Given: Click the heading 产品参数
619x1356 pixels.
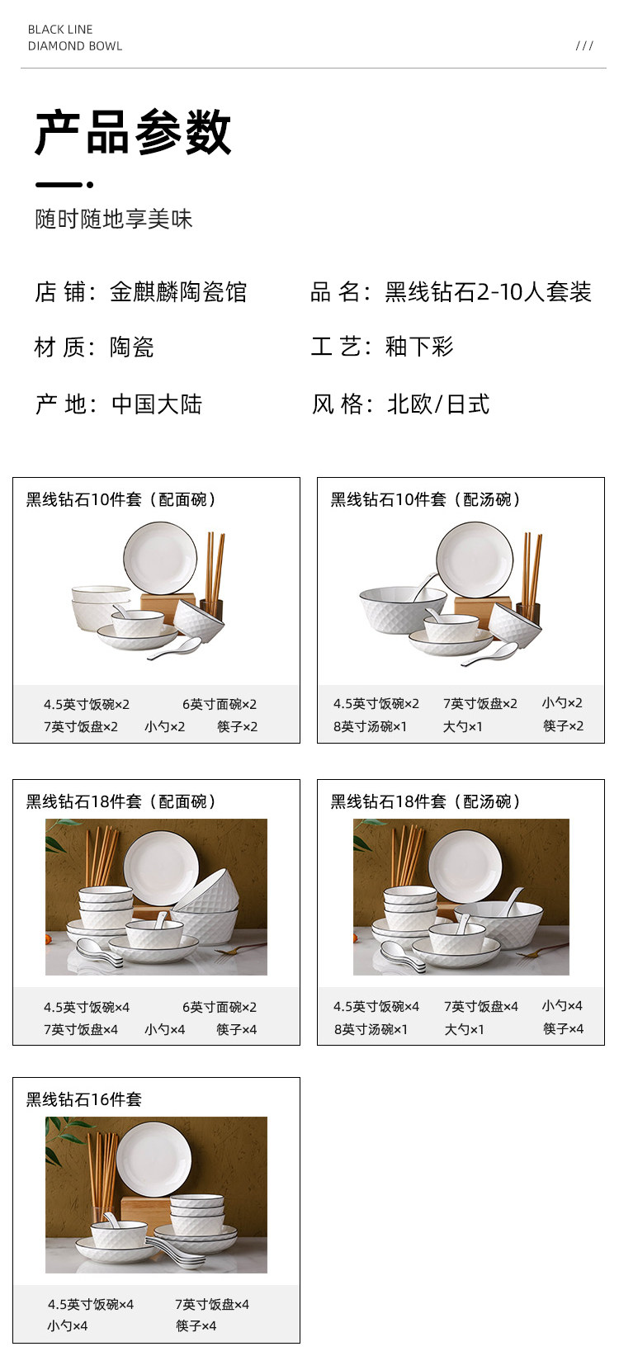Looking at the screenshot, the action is (133, 132).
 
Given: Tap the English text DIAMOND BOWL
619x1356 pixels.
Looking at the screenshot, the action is (75, 46).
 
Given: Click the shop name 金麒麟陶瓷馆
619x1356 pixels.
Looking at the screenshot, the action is (178, 292).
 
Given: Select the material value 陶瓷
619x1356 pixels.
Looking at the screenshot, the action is (132, 347).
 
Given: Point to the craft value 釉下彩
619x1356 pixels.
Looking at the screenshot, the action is (419, 347).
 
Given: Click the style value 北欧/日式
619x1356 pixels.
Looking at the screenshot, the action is (438, 404).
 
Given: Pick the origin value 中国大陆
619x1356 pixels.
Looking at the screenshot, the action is (157, 404).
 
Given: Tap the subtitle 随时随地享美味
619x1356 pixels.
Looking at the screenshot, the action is (114, 219).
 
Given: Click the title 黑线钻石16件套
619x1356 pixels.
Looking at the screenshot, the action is (84, 1099).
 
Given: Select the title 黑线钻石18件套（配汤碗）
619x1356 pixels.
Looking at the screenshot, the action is (425, 801).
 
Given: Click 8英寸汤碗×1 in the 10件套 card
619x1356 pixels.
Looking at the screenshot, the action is (371, 726).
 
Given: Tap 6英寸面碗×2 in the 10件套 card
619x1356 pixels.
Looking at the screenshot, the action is (220, 704).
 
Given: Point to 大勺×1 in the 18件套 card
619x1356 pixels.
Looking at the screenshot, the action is (464, 1029).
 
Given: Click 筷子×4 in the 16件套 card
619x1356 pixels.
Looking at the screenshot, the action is (196, 1325).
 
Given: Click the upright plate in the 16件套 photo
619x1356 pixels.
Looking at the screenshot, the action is (154, 1159).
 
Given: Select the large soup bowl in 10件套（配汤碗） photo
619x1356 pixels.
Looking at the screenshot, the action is (403, 609).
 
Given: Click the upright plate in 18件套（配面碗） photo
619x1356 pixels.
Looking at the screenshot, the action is (161, 867).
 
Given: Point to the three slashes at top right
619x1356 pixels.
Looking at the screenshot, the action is (584, 46).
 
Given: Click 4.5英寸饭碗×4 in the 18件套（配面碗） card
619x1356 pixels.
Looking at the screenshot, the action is (87, 1008).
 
